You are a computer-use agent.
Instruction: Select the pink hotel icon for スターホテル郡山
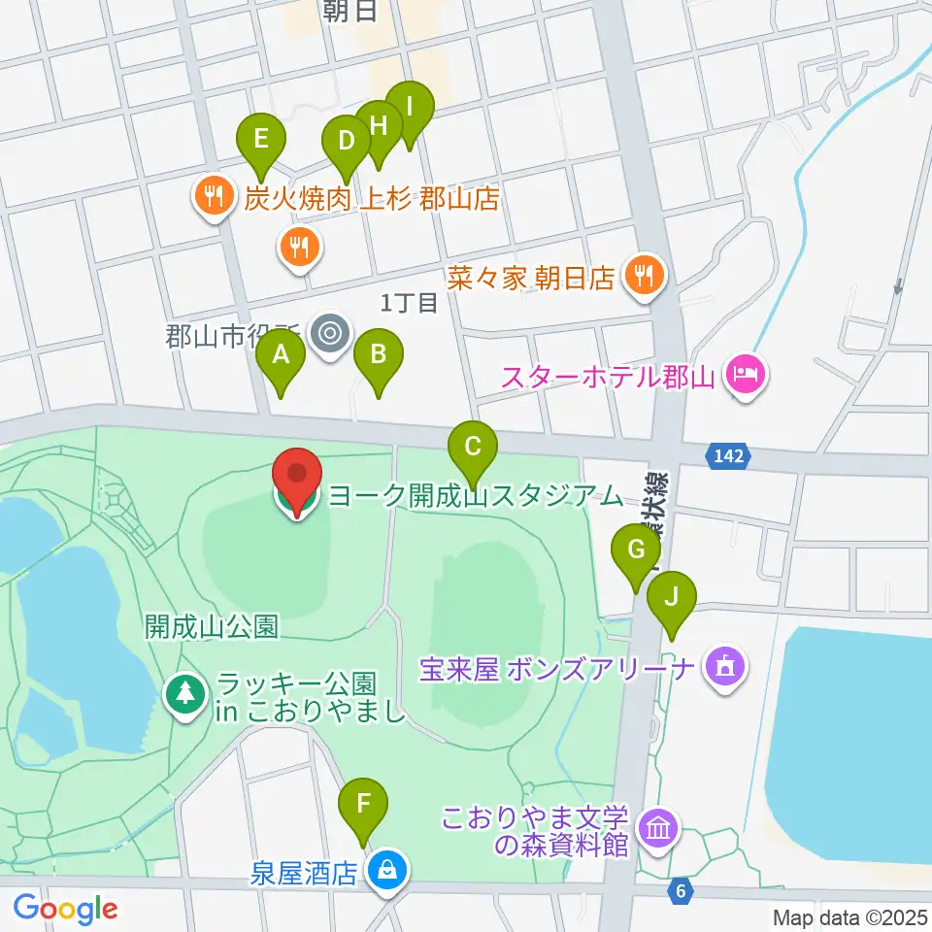(746, 373)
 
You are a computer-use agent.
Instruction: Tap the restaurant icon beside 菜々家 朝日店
(642, 278)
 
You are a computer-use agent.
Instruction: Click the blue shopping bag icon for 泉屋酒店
(387, 871)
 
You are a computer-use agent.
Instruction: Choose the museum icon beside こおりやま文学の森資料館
(659, 830)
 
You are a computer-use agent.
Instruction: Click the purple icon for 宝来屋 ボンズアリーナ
(724, 668)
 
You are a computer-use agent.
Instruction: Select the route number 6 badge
(682, 889)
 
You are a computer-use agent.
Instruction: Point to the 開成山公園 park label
(212, 627)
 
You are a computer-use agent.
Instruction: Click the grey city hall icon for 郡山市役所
(330, 334)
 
